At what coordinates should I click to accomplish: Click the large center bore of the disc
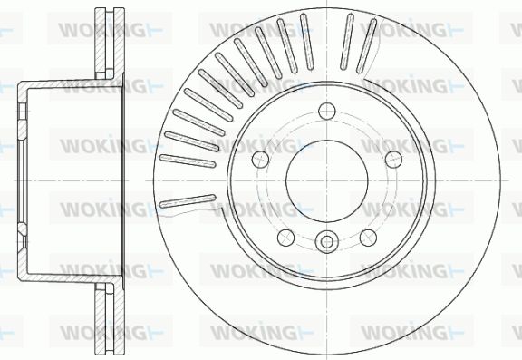327,180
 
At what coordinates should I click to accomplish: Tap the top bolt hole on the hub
327,111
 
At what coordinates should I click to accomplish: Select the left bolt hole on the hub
261,160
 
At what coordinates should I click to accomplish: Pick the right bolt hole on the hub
393,160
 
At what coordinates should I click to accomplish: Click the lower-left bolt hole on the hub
286,238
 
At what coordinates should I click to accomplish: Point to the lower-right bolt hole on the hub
368,238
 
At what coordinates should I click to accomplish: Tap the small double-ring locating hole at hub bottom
327,242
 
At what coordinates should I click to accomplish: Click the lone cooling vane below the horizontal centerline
188,201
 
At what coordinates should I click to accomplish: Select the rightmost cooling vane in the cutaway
366,45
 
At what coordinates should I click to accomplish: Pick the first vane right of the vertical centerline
347,42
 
